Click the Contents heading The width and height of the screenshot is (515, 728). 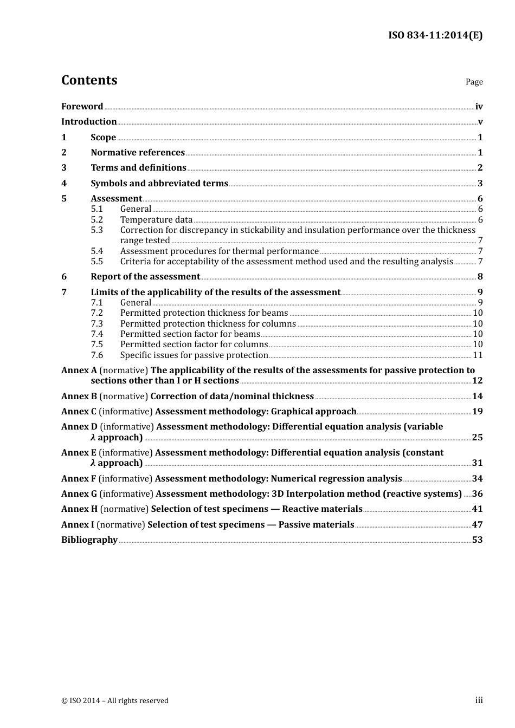(x=89, y=80)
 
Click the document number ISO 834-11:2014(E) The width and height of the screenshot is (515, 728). (x=435, y=35)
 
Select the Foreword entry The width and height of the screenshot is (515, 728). (x=82, y=107)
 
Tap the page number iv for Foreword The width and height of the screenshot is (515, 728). (x=479, y=107)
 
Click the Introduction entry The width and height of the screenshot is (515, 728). (x=89, y=122)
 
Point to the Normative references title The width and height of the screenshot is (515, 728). (x=138, y=153)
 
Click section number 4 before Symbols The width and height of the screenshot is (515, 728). (x=64, y=184)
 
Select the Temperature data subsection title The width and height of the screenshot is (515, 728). (x=156, y=220)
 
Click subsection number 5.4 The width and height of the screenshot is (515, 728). (x=96, y=251)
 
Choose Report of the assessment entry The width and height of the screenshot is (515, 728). (x=145, y=277)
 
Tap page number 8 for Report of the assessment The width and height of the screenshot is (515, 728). (x=480, y=277)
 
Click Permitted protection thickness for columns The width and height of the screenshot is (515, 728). (x=208, y=324)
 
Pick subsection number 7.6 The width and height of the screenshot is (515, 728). (x=96, y=355)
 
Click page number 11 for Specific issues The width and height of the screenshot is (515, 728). (x=478, y=355)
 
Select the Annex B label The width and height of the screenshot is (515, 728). (x=79, y=396)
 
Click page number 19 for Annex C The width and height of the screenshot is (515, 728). (x=477, y=412)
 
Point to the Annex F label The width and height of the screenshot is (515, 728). (x=79, y=479)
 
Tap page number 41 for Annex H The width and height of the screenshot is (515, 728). (x=477, y=509)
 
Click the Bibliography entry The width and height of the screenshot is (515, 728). (x=89, y=540)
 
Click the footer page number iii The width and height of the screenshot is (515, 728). (x=479, y=700)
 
